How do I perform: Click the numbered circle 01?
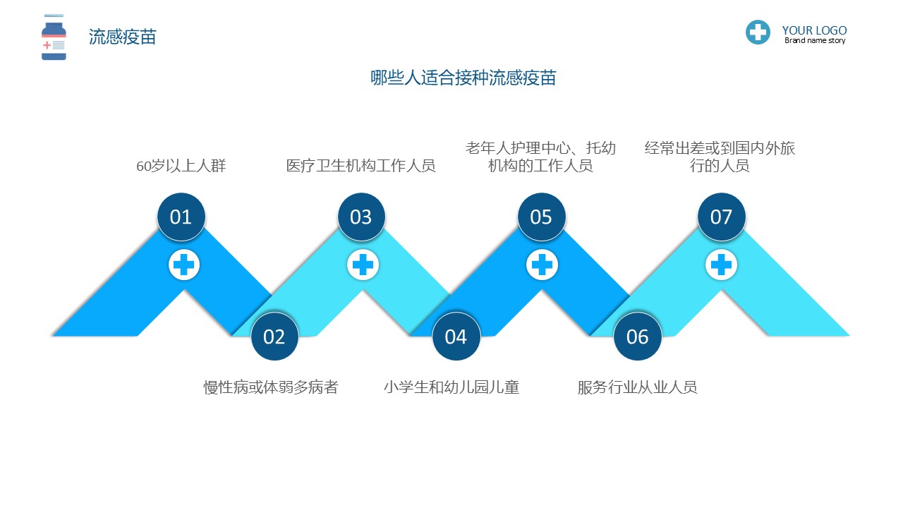pyautogui.click(x=181, y=217)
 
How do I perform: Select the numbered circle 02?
pyautogui.click(x=274, y=337)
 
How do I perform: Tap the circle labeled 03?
pyautogui.click(x=361, y=217)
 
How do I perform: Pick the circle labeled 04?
pyautogui.click(x=456, y=337)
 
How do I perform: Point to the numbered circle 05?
pyautogui.click(x=541, y=217)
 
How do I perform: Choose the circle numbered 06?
pyautogui.click(x=637, y=337)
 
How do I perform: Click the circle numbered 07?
pyautogui.click(x=722, y=217)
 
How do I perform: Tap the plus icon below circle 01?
pyautogui.click(x=184, y=265)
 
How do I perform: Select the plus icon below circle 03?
pyautogui.click(x=363, y=265)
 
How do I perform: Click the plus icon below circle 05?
pyautogui.click(x=543, y=265)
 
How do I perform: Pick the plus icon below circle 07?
pyautogui.click(x=721, y=265)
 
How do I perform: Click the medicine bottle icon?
pyautogui.click(x=54, y=37)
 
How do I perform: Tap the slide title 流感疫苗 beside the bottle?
pyautogui.click(x=123, y=37)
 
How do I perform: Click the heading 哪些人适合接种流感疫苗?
pyautogui.click(x=463, y=78)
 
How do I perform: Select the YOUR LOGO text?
pyautogui.click(x=814, y=30)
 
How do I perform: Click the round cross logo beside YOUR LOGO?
pyautogui.click(x=758, y=32)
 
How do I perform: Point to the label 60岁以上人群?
pyautogui.click(x=181, y=166)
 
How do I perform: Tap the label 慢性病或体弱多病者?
pyautogui.click(x=271, y=387)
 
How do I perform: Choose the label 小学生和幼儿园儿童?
pyautogui.click(x=451, y=387)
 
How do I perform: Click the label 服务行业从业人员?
pyautogui.click(x=637, y=387)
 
